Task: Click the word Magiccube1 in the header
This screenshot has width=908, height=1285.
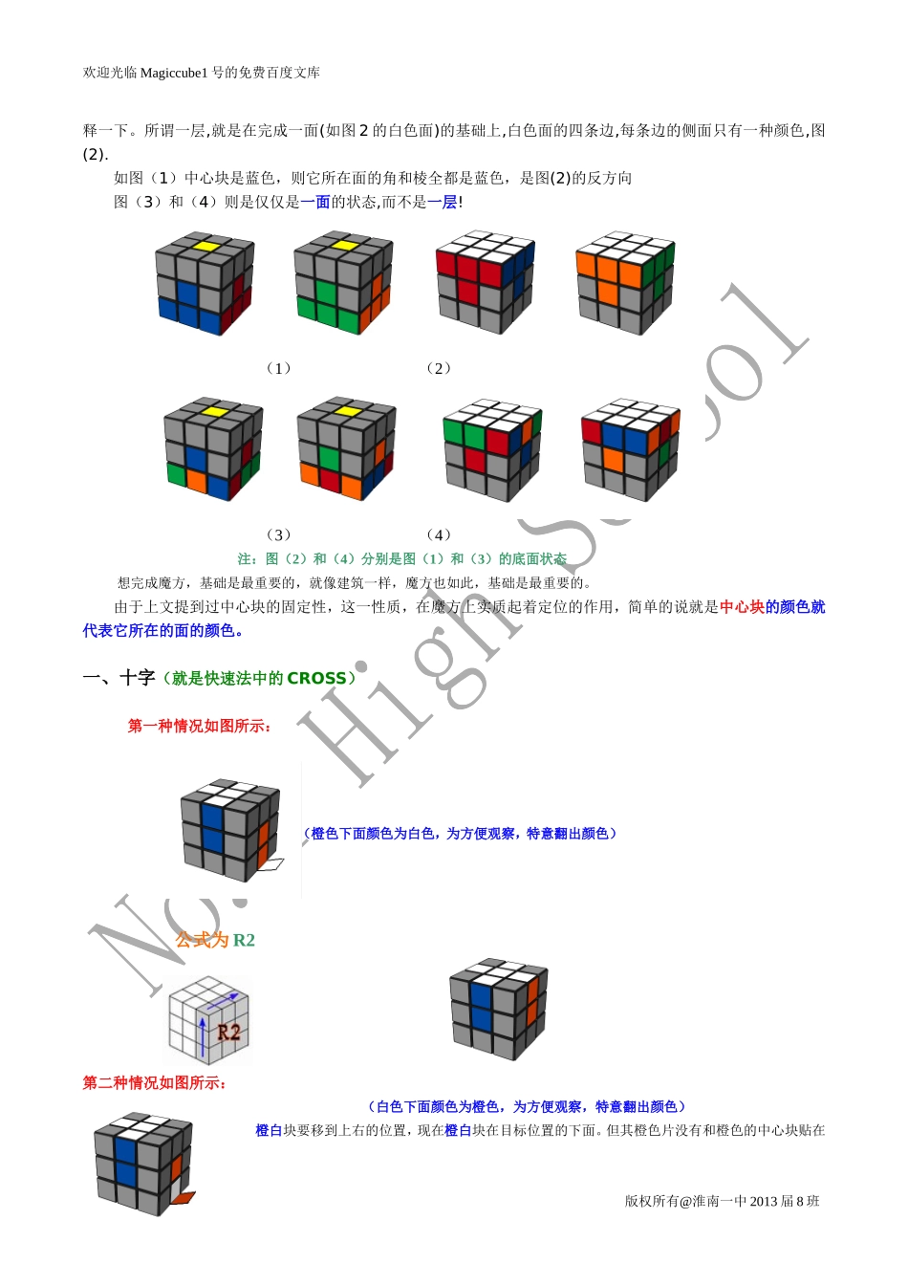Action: (x=173, y=73)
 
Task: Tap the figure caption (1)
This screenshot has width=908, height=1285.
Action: (x=279, y=368)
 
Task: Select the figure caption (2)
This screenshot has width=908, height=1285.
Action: (x=439, y=368)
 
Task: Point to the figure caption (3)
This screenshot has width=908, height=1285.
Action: (x=279, y=535)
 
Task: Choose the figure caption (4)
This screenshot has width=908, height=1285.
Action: (x=439, y=535)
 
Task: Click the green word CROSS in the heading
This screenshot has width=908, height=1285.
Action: (x=316, y=678)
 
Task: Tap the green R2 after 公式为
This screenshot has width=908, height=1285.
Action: (x=244, y=940)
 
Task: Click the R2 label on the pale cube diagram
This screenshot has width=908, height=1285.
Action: (x=228, y=1033)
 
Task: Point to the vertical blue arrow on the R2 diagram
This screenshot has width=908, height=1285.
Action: (x=202, y=1037)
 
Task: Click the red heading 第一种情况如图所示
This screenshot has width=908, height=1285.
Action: (x=199, y=727)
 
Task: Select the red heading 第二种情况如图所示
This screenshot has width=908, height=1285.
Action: (x=154, y=1083)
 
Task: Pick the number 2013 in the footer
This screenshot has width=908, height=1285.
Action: (x=763, y=1201)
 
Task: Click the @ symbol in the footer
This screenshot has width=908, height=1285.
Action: (x=685, y=1201)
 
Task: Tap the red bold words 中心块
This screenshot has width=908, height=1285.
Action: (x=743, y=607)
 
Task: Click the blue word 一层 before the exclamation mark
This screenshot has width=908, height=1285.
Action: (x=443, y=202)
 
